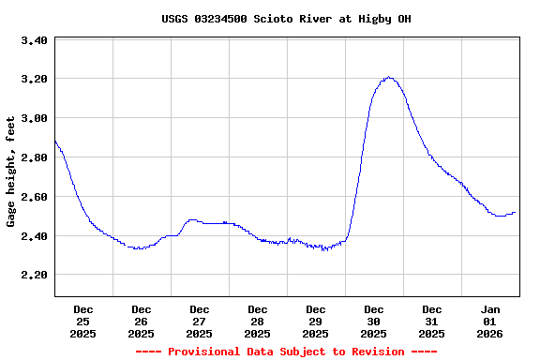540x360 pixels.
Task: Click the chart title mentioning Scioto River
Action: (286, 19)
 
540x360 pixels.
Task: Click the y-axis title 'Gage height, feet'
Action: (11, 172)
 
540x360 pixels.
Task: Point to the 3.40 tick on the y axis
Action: (34, 40)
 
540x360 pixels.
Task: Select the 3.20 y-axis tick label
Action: (34, 79)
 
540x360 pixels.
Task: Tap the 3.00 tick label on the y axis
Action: (34, 118)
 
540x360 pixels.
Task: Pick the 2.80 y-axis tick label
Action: (34, 157)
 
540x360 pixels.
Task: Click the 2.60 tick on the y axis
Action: (34, 197)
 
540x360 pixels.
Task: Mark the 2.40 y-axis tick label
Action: (34, 236)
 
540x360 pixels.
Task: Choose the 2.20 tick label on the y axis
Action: (34, 275)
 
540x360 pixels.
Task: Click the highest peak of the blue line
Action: (388, 78)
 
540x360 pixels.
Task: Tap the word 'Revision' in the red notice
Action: (375, 352)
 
